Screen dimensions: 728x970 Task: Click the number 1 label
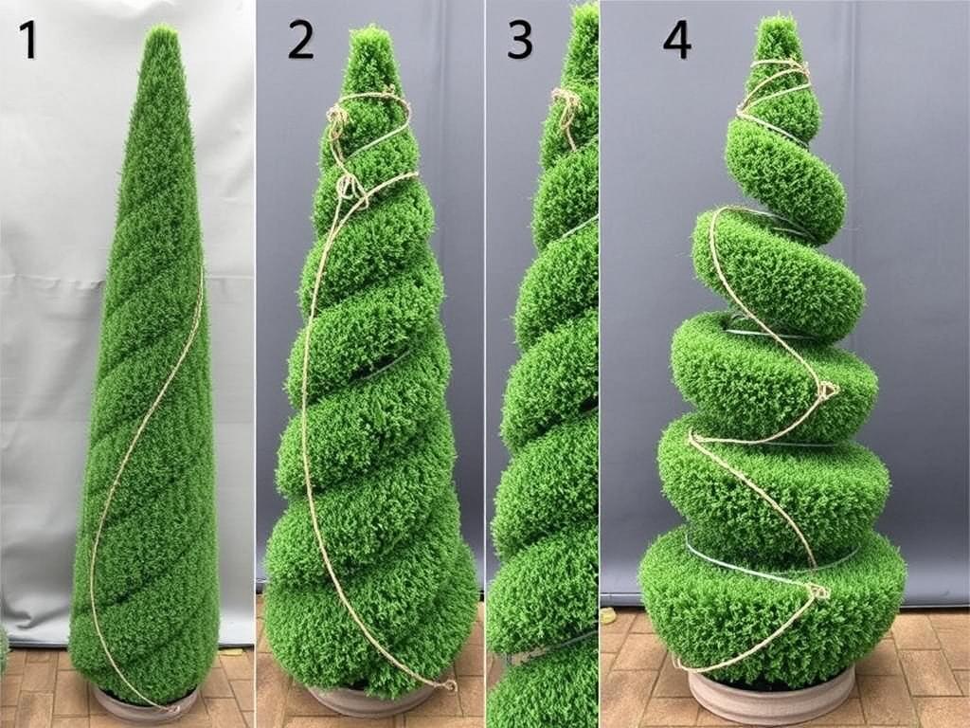tap(27, 41)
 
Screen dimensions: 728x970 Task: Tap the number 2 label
tap(300, 41)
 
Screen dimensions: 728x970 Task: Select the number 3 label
tap(520, 41)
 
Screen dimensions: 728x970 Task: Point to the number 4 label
tap(676, 41)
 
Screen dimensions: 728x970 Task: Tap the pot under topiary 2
tap(365, 701)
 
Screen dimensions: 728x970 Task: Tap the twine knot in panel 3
tap(567, 100)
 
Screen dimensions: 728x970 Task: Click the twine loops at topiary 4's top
tap(777, 81)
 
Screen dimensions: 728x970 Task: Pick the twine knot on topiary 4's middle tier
tap(826, 389)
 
